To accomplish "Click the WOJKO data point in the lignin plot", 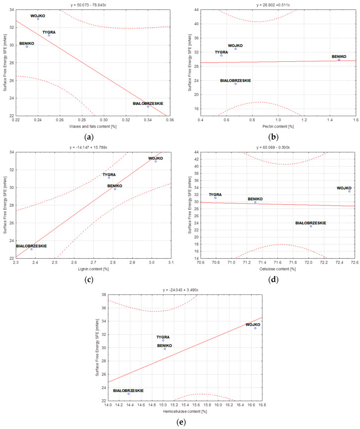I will [155, 161].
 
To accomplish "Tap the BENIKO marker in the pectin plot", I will [339, 60].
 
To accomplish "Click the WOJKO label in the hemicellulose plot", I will [253, 325].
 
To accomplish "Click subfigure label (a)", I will [88, 136].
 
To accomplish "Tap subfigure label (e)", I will [179, 422].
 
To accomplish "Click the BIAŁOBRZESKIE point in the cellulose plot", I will [311, 226].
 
